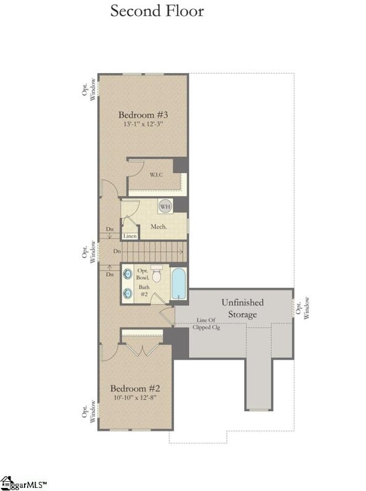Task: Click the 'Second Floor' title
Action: [x=156, y=11]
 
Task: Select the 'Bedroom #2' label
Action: [x=135, y=389]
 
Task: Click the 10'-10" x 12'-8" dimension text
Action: [x=135, y=398]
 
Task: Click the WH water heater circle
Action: [x=165, y=207]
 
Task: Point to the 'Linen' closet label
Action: [x=130, y=236]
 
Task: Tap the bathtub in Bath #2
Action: [x=178, y=284]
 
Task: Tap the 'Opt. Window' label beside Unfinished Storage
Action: [x=300, y=306]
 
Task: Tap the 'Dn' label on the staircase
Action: [x=117, y=251]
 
